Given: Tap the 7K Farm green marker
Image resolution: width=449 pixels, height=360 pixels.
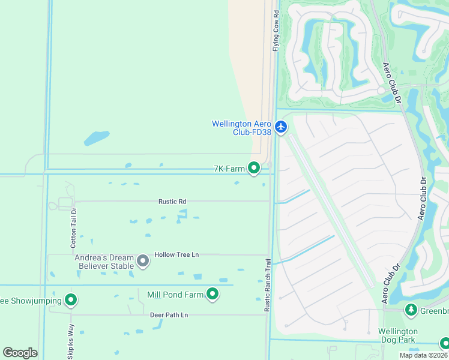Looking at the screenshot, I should pos(254,169).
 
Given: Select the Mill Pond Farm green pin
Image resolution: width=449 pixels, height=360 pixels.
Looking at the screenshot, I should pos(212,294).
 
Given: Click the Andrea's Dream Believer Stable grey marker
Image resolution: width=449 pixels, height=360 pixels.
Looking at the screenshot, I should pos(143,260).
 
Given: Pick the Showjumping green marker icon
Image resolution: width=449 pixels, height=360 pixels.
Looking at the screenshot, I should pos(71,300).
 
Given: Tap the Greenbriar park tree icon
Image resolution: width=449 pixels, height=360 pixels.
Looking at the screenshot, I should pos(411,310).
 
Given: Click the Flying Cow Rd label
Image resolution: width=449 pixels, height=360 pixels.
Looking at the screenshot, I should pos(276,31).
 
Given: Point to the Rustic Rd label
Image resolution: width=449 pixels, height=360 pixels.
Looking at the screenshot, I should pos(172,202).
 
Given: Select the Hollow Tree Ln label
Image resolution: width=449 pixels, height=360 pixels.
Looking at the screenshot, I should pos(176,254).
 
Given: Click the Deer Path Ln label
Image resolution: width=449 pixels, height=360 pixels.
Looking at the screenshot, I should pos(169,314).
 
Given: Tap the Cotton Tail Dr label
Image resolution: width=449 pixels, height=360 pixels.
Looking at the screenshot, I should pos(74,227).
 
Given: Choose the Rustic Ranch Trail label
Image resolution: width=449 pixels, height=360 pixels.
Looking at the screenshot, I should pos(268,285).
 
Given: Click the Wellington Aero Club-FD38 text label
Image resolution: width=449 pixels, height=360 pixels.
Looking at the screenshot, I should pos(241,128).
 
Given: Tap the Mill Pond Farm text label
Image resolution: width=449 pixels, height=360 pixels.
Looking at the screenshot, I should pos(175,295).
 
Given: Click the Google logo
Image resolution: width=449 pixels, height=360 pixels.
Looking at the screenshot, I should pos(20,353).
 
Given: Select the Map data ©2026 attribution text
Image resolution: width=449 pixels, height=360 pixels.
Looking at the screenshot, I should pos(423,355).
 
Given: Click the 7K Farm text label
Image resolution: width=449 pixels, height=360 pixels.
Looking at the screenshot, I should pos(229,169).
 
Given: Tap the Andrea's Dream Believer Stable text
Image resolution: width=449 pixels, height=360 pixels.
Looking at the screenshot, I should pos(104,262).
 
